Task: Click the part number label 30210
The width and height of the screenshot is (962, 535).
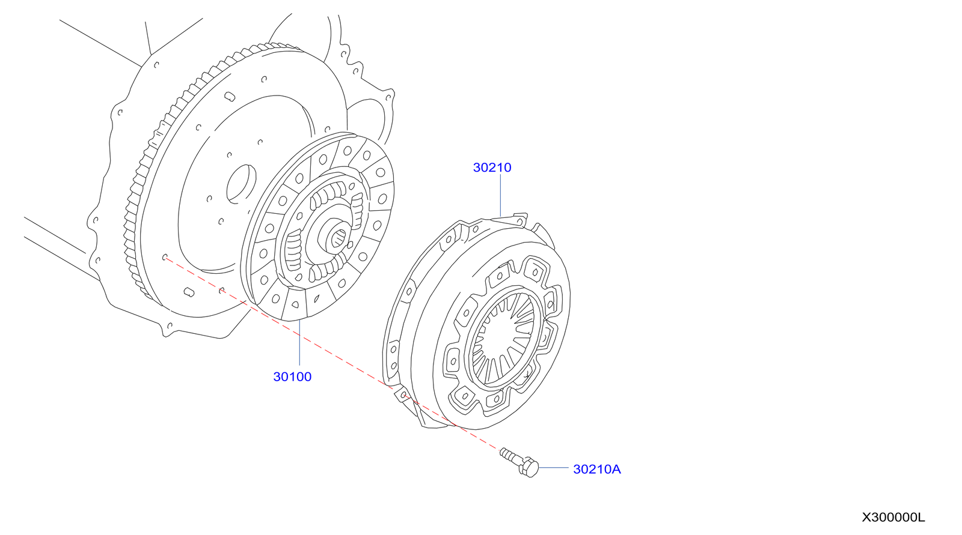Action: [492, 168]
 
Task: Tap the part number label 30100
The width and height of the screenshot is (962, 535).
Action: [292, 377]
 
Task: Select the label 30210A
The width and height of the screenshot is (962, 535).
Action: [596, 470]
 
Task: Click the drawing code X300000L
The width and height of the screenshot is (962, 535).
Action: [893, 518]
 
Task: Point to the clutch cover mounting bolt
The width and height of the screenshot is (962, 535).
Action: [519, 462]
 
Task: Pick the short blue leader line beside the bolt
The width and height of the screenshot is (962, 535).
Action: [553, 467]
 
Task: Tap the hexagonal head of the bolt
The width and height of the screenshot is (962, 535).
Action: [528, 468]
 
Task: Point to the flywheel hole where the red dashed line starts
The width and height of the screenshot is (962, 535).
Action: [165, 258]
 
